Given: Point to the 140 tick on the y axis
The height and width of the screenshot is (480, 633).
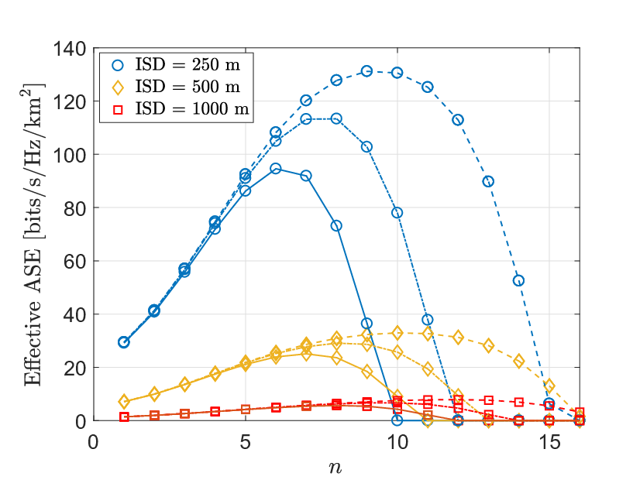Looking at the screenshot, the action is coord(71,49).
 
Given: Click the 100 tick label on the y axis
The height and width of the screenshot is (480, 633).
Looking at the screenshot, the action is coord(71,155).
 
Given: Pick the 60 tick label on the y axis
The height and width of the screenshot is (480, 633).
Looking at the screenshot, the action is coord(75,262).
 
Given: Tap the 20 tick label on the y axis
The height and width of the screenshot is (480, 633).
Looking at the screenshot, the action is coord(75,368).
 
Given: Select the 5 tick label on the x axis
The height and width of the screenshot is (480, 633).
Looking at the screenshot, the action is coord(246,443).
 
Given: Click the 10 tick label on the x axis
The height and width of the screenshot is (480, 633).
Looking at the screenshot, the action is coord(397,443).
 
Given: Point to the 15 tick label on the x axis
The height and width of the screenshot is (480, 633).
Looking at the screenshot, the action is coord(549,443).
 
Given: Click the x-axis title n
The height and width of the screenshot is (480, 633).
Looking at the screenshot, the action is coord(335,468).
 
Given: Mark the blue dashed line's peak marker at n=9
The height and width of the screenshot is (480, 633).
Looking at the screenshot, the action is coord(366,71).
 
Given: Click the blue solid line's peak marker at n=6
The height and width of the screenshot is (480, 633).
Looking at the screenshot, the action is coord(276,169).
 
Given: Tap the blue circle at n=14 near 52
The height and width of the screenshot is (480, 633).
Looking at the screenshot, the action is coord(519,281).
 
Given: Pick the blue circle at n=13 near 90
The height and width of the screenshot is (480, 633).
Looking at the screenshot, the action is coord(488,181).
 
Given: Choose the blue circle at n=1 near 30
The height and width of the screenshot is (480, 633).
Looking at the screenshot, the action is coord(124,342).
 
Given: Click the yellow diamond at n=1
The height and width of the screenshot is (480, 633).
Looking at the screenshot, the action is coord(124,402).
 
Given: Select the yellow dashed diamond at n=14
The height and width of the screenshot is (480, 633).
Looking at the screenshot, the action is coord(519,361).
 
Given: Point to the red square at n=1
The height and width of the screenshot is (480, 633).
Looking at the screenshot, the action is coord(124,417).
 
